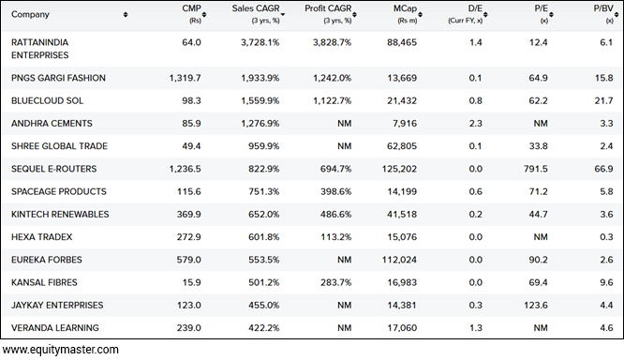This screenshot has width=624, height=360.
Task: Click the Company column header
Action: pos(31,14)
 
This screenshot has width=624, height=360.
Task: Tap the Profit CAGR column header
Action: pos(326,10)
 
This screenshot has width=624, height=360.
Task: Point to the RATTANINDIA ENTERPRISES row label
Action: pos(53,49)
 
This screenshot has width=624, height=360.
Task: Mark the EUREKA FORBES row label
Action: pos(46,260)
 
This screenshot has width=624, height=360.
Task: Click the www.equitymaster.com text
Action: pos(60,350)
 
